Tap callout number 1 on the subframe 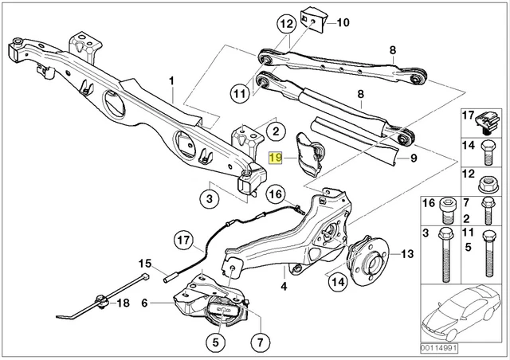coord(170,80)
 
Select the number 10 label coord(343,22)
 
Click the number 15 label coord(144,264)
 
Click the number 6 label coord(144,303)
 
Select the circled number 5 coord(215,343)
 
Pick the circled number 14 coord(336,280)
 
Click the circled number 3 coord(210,198)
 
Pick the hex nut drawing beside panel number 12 coord(486,186)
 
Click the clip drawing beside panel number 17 coord(485,121)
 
